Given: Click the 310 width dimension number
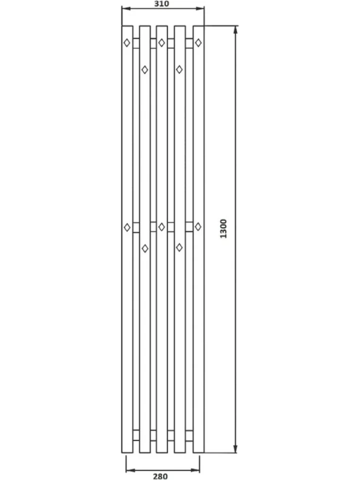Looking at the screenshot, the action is [162, 3].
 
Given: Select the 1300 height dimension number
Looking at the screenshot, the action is [224, 229].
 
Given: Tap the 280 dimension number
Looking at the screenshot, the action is [160, 476].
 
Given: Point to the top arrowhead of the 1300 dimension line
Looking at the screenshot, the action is [235, 30].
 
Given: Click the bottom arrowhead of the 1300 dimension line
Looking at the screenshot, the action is [235, 449].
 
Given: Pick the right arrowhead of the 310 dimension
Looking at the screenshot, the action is [200, 8].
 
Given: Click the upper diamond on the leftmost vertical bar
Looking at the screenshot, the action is [127, 43].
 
